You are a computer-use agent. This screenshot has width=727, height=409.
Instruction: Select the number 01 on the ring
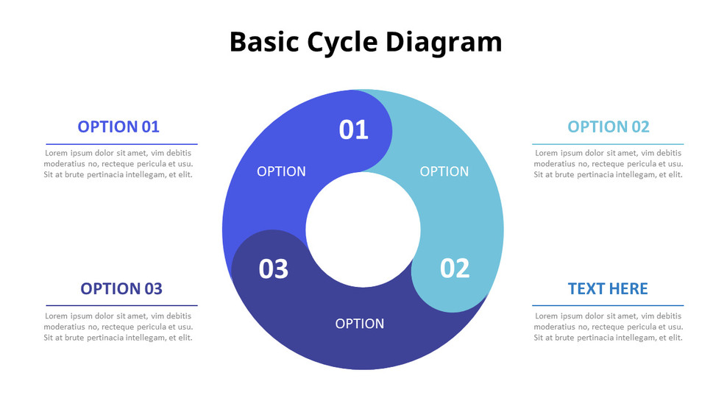click(x=353, y=129)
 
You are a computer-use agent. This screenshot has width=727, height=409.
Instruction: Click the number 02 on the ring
click(x=455, y=268)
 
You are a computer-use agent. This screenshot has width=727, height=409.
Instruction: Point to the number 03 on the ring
click(x=274, y=269)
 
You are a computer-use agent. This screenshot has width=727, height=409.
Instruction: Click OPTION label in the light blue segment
click(x=444, y=171)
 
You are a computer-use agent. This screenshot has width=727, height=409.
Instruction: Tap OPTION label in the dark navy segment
click(x=360, y=324)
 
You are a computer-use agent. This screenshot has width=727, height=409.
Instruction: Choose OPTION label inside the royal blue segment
click(x=281, y=171)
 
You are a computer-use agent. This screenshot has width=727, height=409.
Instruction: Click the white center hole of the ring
click(x=363, y=230)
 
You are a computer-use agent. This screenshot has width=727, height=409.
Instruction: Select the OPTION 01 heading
click(x=118, y=127)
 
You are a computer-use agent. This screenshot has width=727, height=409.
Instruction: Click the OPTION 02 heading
click(x=609, y=127)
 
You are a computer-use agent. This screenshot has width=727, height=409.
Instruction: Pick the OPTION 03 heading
click(x=121, y=288)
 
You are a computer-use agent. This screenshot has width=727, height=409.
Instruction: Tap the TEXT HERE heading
click(x=608, y=288)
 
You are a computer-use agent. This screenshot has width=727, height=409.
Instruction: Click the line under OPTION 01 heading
click(x=121, y=144)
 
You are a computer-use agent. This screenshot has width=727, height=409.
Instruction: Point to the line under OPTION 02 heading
click(x=608, y=144)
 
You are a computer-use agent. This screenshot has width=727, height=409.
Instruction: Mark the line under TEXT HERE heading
click(x=608, y=305)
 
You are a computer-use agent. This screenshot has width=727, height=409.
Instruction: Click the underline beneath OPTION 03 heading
click(x=121, y=305)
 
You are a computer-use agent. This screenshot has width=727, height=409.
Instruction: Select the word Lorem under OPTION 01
click(x=55, y=153)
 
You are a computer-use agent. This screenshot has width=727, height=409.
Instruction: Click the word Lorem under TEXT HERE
click(x=546, y=316)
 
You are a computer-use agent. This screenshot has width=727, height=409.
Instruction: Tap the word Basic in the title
click(x=263, y=42)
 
